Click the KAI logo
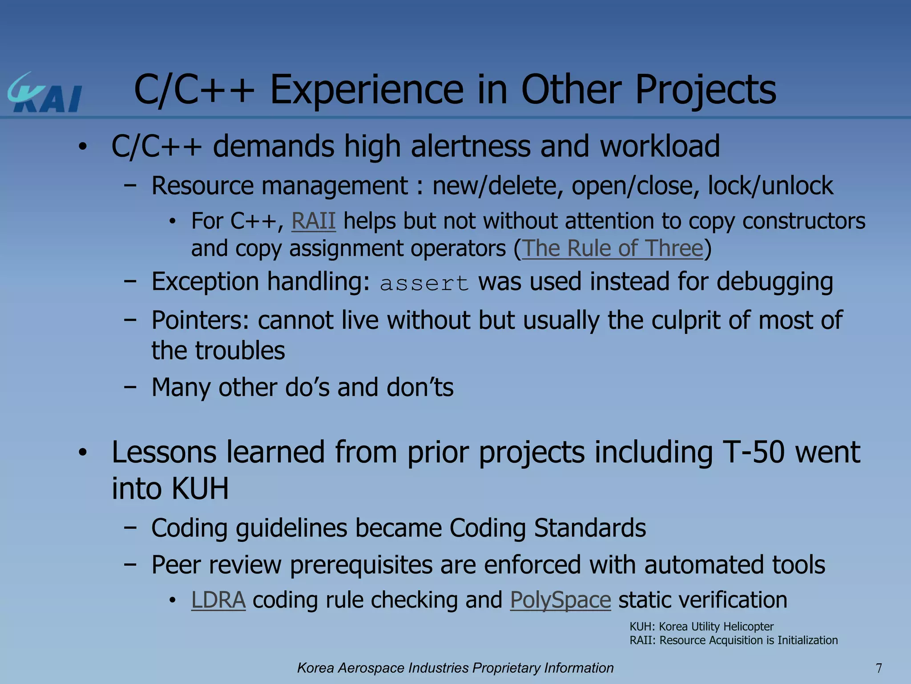click(44, 93)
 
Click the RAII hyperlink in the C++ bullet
click(313, 221)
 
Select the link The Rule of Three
click(613, 248)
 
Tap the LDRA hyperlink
click(218, 600)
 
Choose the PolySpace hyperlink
click(560, 600)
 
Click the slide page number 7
click(879, 668)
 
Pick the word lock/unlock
click(770, 186)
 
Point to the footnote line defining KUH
click(701, 627)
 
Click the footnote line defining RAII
click(734, 640)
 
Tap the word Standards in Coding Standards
click(590, 528)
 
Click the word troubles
click(240, 351)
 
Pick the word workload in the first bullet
click(660, 147)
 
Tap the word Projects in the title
click(705, 90)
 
